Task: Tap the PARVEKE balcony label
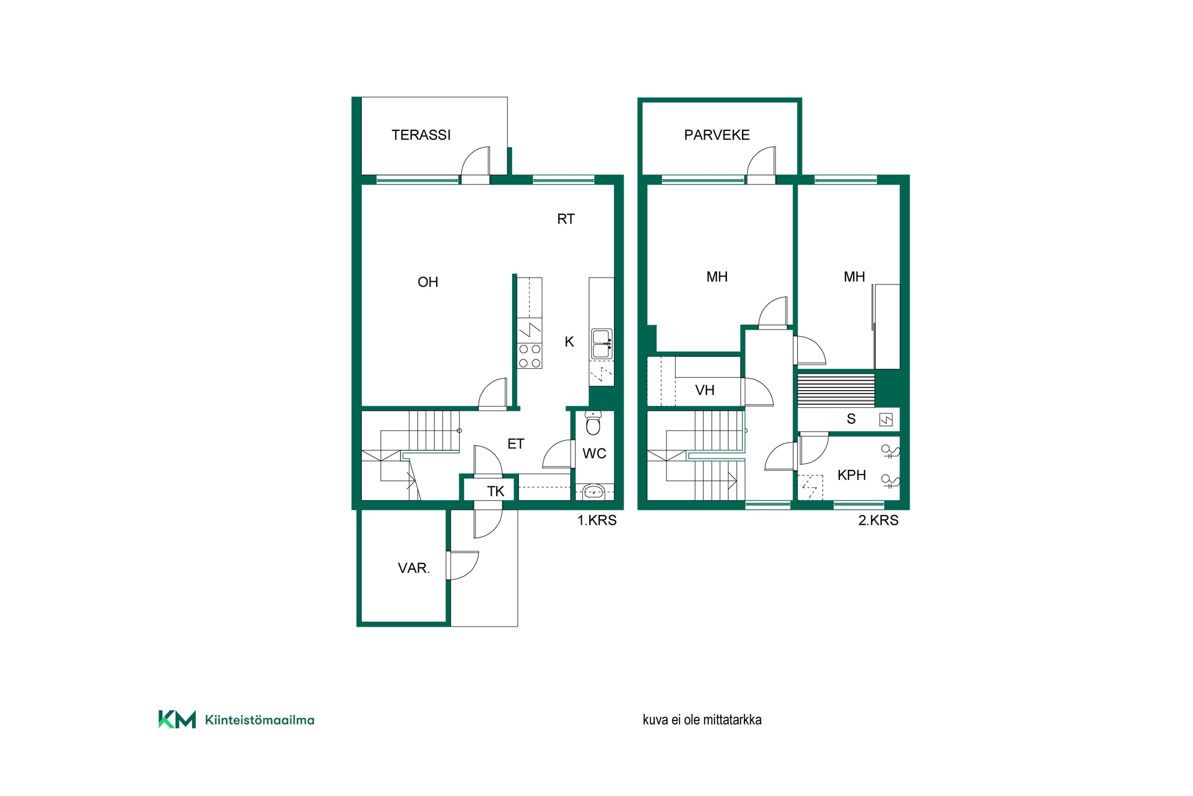point(717,135)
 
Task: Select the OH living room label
point(427,282)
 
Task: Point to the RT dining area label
point(565,219)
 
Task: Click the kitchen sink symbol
point(602,344)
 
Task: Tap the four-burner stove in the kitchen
point(530,356)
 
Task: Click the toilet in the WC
point(593,423)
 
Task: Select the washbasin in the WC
point(593,492)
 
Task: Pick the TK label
point(495,492)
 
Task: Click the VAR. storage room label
point(414,568)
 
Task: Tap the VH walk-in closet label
point(705,390)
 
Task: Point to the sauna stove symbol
point(886,420)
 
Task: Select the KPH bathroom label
point(852,475)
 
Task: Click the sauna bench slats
point(836,390)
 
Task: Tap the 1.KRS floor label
point(597,520)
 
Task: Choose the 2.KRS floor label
point(878,520)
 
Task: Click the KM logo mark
point(177,719)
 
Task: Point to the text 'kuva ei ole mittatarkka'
point(702,720)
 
